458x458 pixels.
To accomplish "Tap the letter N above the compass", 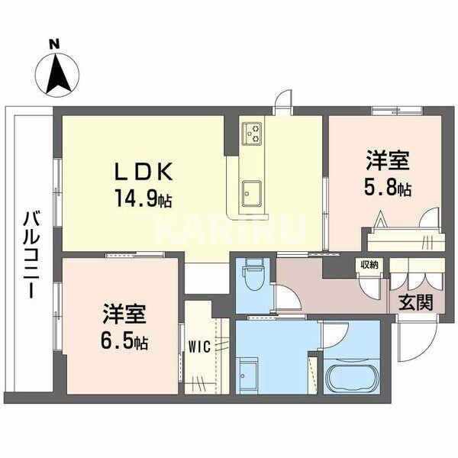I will pos(55,44).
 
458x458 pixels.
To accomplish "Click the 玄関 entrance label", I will pos(415,300).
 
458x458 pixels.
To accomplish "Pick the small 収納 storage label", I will pos(369,265).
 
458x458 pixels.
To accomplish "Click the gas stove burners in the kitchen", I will pos(252,135).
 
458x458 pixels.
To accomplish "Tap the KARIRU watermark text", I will pos(229,226).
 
